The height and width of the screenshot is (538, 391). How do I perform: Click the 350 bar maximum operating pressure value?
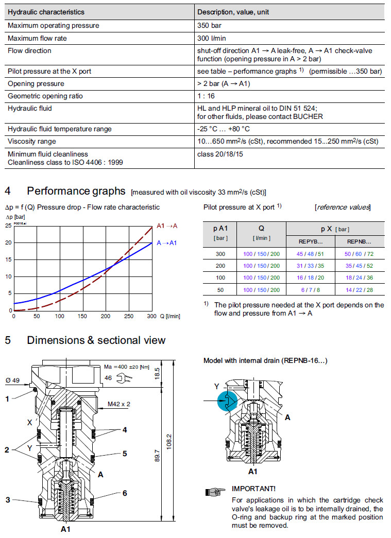(209, 25)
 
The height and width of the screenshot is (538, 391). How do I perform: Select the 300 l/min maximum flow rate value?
(211, 38)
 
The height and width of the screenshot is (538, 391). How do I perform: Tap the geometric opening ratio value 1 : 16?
(206, 96)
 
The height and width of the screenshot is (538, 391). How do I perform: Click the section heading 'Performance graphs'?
(76, 192)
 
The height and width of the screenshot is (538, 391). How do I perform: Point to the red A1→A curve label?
(167, 225)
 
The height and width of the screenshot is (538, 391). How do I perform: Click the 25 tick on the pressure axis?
(8, 226)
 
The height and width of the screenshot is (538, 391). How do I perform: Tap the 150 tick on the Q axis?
(82, 317)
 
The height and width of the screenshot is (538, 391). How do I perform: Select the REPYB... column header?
(311, 241)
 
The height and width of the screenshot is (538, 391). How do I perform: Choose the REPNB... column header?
(359, 241)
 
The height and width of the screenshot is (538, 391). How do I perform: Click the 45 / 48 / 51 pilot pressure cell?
(311, 254)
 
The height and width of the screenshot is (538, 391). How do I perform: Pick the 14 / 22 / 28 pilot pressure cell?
(359, 289)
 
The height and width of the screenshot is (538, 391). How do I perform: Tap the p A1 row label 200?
(221, 266)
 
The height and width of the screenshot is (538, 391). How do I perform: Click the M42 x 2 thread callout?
(119, 404)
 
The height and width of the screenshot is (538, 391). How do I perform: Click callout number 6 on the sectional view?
(124, 493)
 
